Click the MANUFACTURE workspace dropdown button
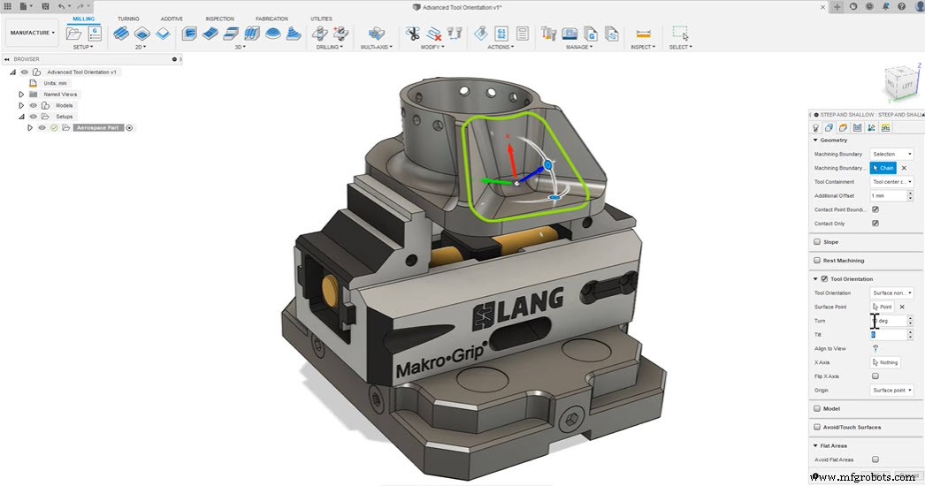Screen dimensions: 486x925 33,33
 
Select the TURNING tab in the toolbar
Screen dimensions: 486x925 128,19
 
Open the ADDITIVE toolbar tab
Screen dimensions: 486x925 172,19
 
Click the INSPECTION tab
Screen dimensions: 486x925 219,19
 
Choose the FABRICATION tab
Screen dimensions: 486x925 271,19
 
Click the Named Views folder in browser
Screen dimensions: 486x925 60,94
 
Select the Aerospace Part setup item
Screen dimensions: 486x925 97,127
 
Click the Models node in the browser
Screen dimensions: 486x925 64,105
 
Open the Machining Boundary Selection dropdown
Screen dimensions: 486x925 891,154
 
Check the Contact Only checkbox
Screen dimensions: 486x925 875,224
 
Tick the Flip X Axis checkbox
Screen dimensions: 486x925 875,376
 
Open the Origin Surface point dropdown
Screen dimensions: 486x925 891,390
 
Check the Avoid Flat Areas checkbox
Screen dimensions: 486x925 875,459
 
